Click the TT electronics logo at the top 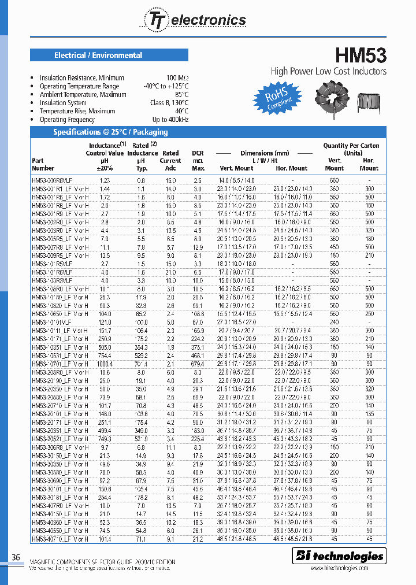click(x=194, y=20)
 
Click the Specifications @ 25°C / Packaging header click(x=110, y=132)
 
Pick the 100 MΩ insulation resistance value click(x=177, y=78)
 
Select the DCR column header click(x=198, y=161)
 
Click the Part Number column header click(x=43, y=164)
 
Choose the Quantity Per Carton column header click(x=351, y=150)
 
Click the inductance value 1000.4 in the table click(x=105, y=364)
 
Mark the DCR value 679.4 click(x=198, y=364)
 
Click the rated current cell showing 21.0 click(x=170, y=272)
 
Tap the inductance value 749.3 click(x=105, y=439)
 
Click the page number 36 click(x=16, y=557)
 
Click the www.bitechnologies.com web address click(x=347, y=568)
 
